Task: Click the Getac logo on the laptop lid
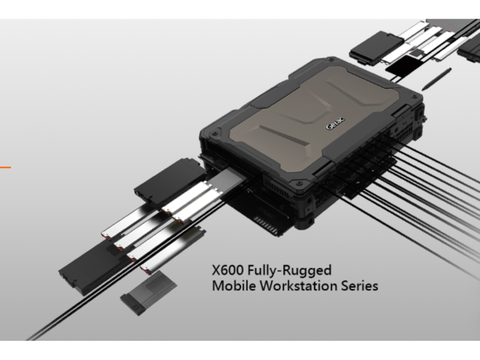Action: pos(335,123)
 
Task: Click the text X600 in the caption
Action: pos(228,271)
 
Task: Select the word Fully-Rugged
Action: pos(290,271)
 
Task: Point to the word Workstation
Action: pos(299,286)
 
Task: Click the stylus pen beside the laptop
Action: pos(436,79)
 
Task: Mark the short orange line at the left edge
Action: pos(5,167)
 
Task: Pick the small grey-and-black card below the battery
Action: pos(148,293)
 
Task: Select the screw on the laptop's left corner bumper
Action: pos(215,133)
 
